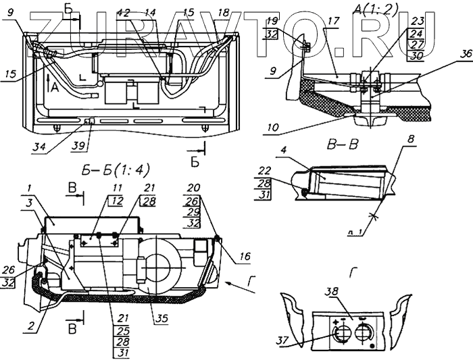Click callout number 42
(123, 13)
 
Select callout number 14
(150, 13)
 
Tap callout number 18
(223, 13)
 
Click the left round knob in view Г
(342, 333)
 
